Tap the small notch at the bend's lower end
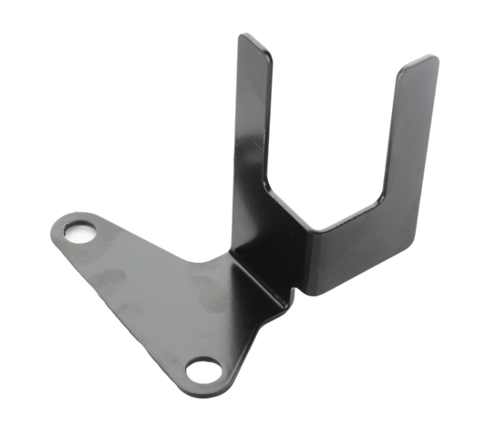pyautogui.click(x=294, y=292)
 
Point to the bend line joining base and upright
pyautogui.click(x=251, y=274)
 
